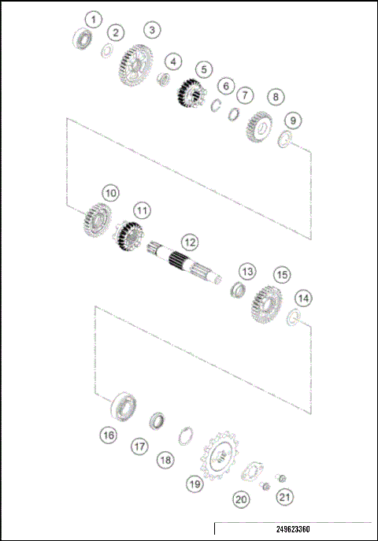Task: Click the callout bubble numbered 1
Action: coord(94,18)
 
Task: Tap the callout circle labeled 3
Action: coord(152,30)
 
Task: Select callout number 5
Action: coord(203,69)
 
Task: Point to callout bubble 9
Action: coord(292,120)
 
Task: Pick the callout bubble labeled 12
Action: coord(188,241)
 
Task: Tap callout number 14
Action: coord(302,298)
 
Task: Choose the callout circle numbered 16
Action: coord(108,435)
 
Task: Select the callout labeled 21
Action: coord(284,497)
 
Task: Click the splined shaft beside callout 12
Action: coord(186,265)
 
